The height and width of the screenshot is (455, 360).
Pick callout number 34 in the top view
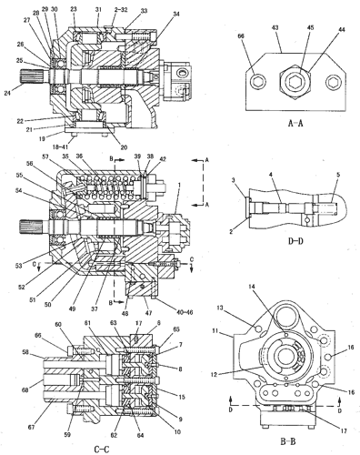point(175,15)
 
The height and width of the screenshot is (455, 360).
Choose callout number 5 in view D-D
point(337,175)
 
